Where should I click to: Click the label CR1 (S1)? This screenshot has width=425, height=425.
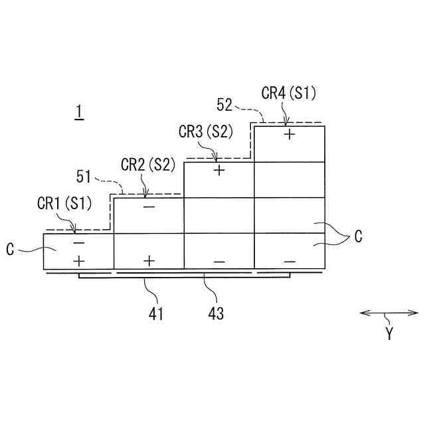click(64, 203)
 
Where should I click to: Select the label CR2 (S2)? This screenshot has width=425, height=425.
click(147, 163)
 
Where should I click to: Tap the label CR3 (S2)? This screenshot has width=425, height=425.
click(205, 131)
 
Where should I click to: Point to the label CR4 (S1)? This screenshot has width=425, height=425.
click(289, 93)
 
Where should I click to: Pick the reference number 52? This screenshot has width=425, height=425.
click(224, 104)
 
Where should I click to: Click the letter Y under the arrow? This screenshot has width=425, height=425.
click(390, 334)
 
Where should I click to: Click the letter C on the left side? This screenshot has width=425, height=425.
click(11, 250)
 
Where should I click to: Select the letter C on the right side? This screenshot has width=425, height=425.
click(358, 236)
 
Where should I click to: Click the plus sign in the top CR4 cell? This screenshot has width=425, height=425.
click(290, 133)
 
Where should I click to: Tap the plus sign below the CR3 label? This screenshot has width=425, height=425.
click(219, 170)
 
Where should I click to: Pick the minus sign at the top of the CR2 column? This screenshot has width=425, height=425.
click(149, 207)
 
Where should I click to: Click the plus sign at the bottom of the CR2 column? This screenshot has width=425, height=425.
click(149, 260)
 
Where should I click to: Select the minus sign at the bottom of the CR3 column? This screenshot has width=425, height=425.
click(219, 262)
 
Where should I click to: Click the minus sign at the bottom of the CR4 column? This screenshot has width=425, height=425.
click(290, 262)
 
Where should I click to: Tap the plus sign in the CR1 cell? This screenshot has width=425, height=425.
click(78, 259)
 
